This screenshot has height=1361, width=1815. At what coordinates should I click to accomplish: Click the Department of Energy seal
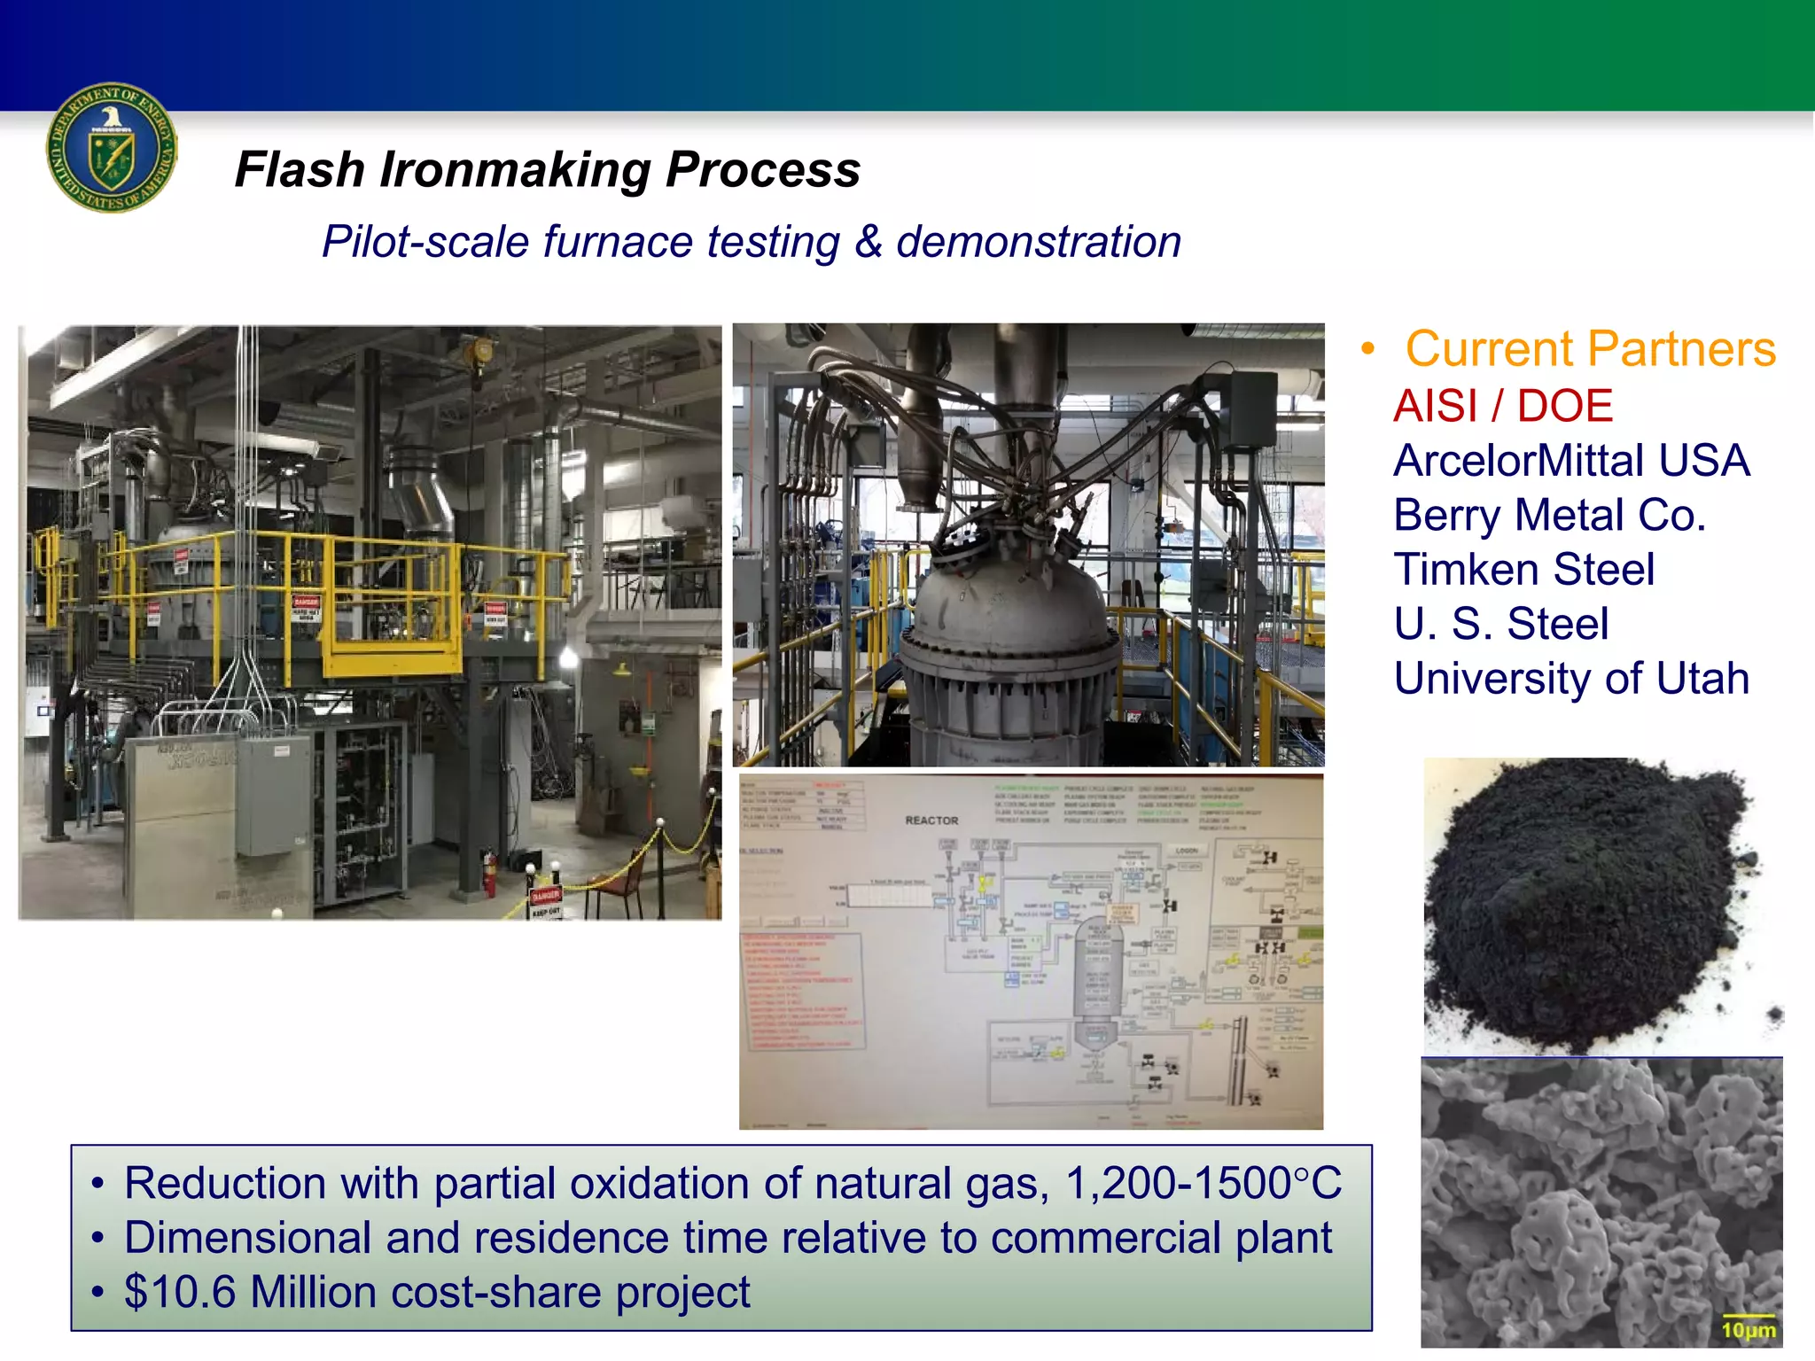click(112, 148)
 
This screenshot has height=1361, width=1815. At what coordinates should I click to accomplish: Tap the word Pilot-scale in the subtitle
click(425, 242)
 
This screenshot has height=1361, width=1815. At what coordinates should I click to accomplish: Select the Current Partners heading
click(1590, 348)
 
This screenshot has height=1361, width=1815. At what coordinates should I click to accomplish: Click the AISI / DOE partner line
click(1502, 406)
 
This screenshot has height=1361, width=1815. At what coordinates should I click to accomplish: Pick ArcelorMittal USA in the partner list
click(1570, 461)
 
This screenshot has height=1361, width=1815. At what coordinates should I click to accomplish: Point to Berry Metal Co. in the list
click(1548, 515)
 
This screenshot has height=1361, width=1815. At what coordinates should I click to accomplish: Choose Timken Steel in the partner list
click(1523, 569)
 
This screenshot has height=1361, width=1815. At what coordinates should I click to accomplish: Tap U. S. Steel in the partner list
click(1500, 624)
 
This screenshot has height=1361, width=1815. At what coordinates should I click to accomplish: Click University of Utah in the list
click(1570, 679)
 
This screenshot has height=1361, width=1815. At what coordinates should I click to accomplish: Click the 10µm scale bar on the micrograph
click(1748, 1327)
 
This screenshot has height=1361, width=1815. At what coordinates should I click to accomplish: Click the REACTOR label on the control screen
click(931, 820)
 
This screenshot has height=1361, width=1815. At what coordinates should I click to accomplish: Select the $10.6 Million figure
click(251, 1292)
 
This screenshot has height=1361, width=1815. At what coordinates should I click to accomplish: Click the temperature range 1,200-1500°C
click(1204, 1184)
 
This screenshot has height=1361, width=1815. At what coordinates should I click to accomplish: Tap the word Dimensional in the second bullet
click(247, 1238)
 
